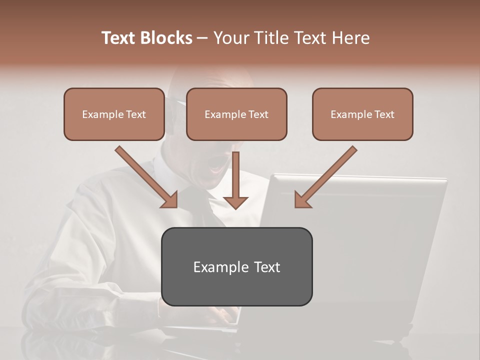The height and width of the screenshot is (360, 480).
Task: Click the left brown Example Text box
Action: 114,114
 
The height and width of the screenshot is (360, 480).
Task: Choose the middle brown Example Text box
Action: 236,114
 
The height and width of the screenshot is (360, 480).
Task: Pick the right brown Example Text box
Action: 362,114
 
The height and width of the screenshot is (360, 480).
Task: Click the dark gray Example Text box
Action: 237,266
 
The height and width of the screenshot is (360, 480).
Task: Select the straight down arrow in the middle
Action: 236,180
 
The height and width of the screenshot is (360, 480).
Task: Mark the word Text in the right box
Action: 384,114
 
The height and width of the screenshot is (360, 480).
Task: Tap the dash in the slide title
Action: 202,38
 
